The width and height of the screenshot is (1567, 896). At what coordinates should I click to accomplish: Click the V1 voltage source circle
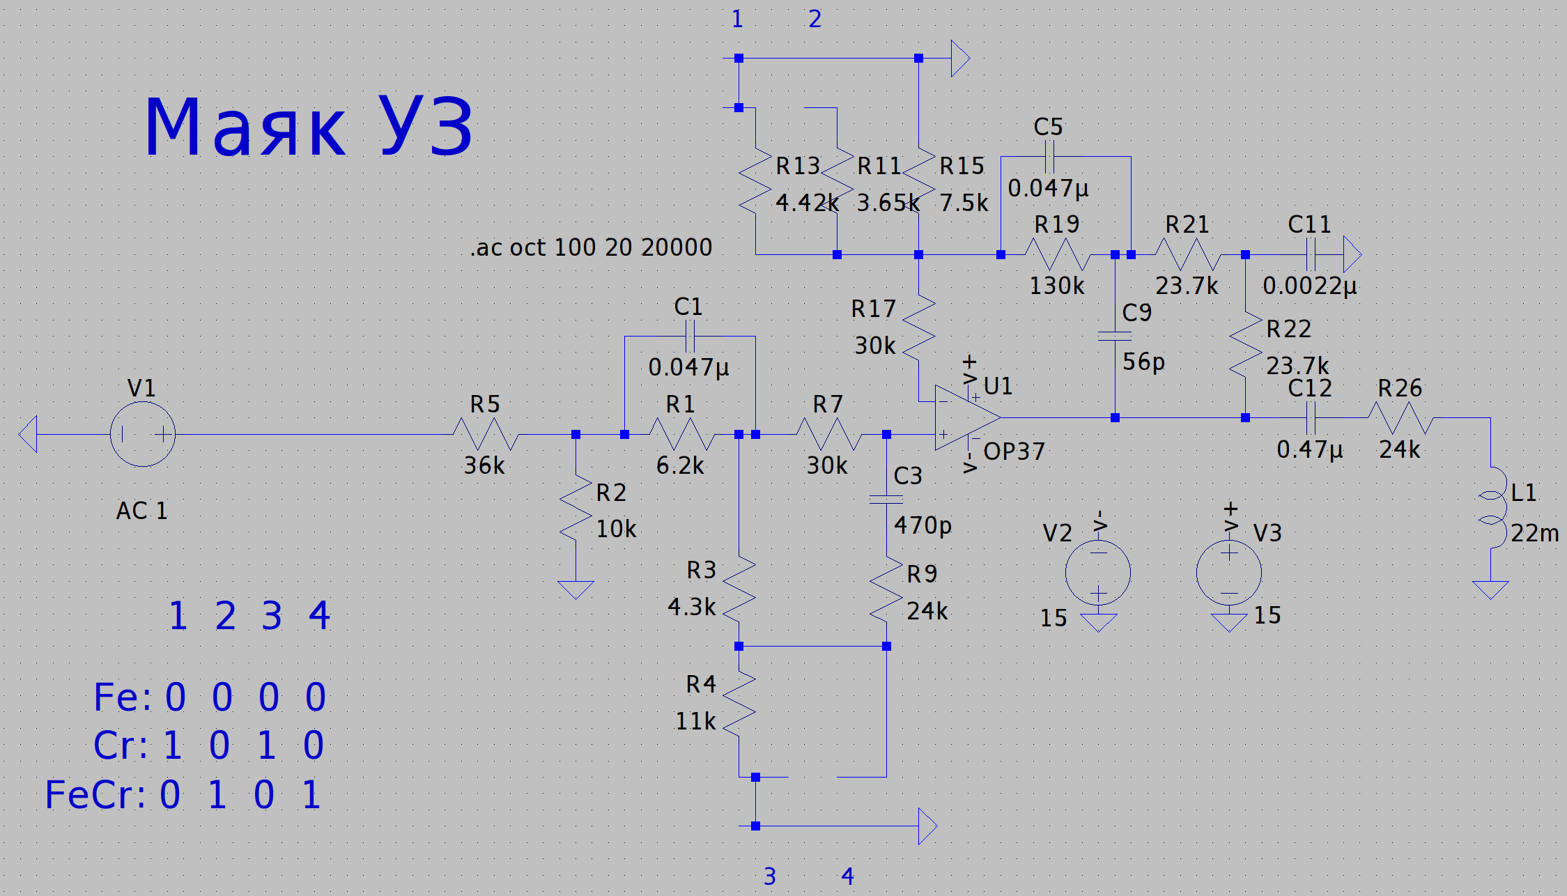click(x=143, y=434)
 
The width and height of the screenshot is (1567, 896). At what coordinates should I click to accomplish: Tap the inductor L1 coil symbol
click(x=1491, y=507)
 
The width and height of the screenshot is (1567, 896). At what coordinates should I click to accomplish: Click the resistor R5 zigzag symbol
click(x=486, y=434)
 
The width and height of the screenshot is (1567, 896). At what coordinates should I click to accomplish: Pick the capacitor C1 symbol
click(x=690, y=337)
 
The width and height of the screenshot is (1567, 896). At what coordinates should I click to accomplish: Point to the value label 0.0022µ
click(x=1309, y=286)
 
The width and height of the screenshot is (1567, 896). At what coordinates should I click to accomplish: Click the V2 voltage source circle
click(x=1098, y=573)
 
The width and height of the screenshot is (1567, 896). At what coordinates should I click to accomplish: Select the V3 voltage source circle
click(x=1229, y=573)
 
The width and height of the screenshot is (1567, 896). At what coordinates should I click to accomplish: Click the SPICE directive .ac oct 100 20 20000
click(x=591, y=247)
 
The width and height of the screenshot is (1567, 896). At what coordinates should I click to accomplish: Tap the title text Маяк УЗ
click(x=309, y=128)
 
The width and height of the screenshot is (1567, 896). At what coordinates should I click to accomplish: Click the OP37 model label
click(x=1014, y=451)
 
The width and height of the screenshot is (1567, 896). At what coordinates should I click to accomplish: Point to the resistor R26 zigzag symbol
click(x=1400, y=418)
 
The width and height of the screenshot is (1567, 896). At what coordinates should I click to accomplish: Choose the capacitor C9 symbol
click(x=1115, y=337)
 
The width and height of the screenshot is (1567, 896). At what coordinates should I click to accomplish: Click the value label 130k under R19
click(x=1057, y=286)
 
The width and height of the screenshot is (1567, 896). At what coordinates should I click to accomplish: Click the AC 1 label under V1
click(x=142, y=511)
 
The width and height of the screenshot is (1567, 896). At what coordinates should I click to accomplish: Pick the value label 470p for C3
click(x=923, y=525)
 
